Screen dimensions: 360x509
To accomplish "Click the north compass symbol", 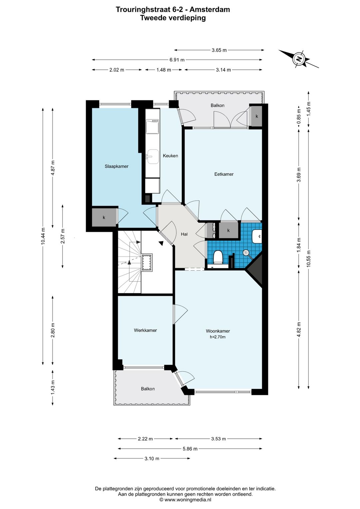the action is point(299,59).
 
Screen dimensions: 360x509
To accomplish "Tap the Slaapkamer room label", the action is point(117,166).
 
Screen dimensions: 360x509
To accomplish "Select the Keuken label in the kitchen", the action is point(170,156).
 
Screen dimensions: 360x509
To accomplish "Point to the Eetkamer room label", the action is point(224,174).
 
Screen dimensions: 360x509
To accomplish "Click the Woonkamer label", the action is point(218,331).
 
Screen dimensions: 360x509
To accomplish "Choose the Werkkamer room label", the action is point(145,331).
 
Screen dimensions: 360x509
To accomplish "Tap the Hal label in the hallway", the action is point(184,234).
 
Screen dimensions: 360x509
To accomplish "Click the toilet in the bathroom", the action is point(218,257).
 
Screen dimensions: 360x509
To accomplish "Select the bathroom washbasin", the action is point(257,236).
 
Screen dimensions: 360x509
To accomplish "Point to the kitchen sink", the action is point(152,156).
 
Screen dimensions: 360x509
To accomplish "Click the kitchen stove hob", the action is point(152,126).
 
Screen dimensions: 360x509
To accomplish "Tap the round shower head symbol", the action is point(246,252).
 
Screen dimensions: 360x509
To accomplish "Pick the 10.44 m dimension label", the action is point(43,236).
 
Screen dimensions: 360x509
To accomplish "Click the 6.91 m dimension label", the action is point(177,60).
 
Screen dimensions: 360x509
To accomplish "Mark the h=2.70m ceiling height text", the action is point(218,337).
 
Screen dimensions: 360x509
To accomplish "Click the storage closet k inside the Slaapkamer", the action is point(104,217).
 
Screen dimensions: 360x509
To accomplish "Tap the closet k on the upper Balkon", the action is point(257,116).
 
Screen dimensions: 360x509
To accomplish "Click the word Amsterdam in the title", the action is point(210,10).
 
